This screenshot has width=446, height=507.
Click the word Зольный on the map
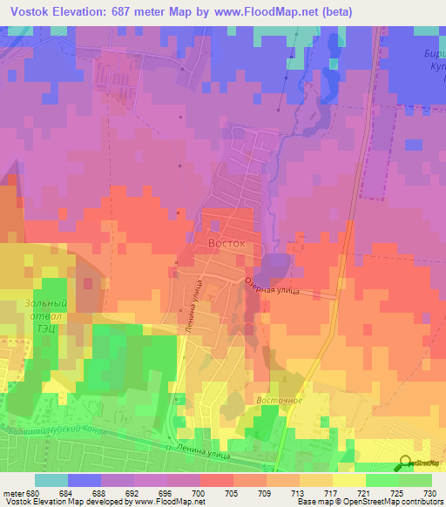pyautogui.click(x=33, y=305)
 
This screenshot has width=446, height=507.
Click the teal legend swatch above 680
pyautogui.click(x=51, y=480)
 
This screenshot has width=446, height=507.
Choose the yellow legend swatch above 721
pyautogui.click(x=348, y=480)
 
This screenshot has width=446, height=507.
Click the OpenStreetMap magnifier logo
pyautogui.click(x=406, y=463)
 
